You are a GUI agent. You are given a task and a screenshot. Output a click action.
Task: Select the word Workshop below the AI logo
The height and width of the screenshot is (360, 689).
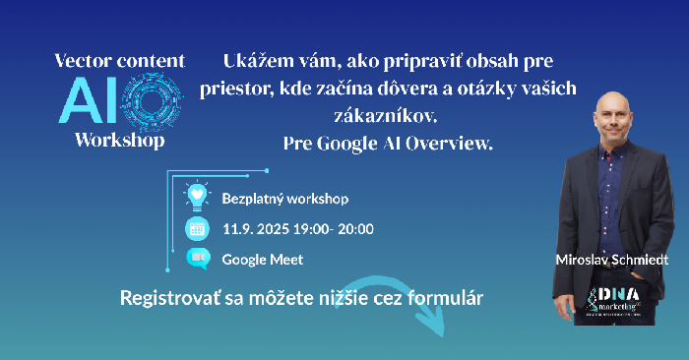click(119, 139)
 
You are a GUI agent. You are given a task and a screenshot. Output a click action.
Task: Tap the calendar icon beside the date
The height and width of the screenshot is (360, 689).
click(198, 229)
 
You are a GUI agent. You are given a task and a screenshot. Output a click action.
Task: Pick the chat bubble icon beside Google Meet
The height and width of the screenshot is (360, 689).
click(198, 259)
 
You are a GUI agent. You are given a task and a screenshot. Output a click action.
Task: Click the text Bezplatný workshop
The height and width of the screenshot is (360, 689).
click(285, 199)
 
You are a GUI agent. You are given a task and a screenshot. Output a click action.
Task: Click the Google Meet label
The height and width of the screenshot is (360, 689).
click(262, 260)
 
